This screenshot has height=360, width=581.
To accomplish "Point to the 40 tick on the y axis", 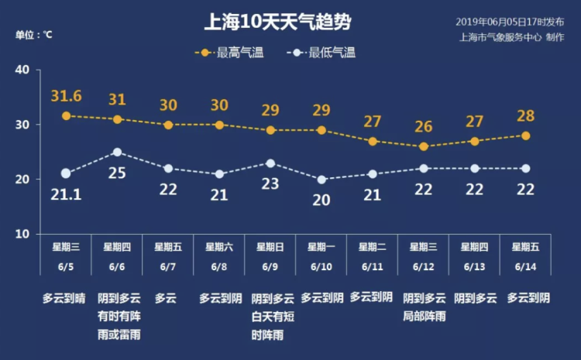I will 22,70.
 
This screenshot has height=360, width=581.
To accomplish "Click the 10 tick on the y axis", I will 22,234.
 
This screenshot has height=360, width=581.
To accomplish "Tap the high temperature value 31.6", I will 67,96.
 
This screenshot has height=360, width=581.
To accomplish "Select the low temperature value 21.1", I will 66,195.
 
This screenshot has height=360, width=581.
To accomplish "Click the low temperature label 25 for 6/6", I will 117,173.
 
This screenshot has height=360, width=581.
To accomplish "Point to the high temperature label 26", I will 424,127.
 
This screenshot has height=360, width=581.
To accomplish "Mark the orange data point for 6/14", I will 526,135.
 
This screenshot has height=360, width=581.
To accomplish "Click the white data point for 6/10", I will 321,180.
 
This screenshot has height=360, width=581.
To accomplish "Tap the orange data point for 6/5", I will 67,116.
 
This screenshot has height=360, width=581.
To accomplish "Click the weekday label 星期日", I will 270,248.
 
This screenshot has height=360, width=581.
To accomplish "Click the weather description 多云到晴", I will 66,297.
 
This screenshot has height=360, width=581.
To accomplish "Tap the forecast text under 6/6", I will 117,317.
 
